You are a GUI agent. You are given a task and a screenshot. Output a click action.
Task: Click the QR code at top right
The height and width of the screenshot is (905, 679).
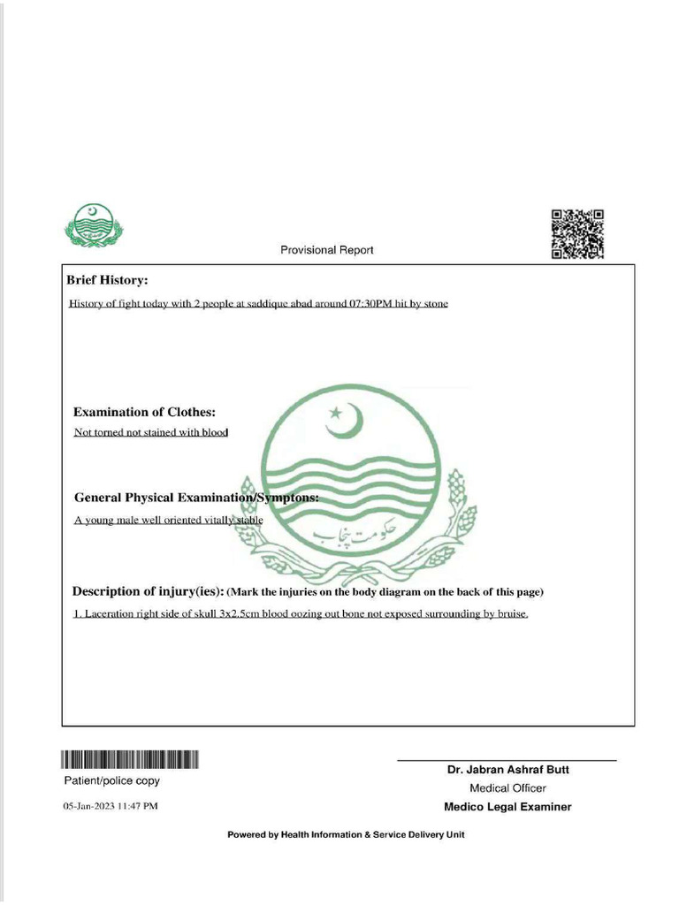[577, 234]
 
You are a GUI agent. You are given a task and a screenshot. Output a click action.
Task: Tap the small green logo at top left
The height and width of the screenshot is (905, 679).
[93, 226]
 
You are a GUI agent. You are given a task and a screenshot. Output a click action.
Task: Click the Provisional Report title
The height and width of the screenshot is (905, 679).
[327, 250]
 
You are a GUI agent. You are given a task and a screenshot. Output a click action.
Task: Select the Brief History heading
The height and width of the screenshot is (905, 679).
[107, 280]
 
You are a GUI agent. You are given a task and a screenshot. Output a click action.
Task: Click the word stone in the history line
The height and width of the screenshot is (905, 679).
[434, 304]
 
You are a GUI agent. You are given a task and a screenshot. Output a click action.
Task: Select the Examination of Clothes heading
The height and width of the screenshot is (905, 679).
[144, 412]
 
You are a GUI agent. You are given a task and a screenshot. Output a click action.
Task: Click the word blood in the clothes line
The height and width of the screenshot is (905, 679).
[215, 432]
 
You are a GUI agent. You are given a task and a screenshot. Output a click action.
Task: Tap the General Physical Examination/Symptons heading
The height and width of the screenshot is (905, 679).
[196, 498]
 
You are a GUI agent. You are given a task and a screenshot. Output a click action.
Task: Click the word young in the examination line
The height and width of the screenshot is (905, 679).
[98, 521]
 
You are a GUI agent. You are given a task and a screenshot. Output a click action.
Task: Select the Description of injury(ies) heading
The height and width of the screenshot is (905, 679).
[148, 591]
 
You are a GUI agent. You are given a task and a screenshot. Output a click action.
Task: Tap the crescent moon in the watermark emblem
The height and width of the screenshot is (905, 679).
[346, 422]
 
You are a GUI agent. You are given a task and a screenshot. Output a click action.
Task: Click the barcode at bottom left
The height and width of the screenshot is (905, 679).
[130, 759]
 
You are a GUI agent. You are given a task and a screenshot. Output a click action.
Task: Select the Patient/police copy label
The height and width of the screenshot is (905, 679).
[111, 781]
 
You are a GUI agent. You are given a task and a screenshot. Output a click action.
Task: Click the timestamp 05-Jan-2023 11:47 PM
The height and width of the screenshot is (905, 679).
[111, 807]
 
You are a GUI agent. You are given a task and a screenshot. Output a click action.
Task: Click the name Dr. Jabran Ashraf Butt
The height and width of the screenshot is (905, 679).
[507, 770]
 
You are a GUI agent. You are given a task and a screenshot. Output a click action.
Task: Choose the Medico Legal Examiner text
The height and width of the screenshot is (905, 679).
[507, 807]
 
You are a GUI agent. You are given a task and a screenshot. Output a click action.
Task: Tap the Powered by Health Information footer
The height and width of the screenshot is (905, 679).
[346, 835]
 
